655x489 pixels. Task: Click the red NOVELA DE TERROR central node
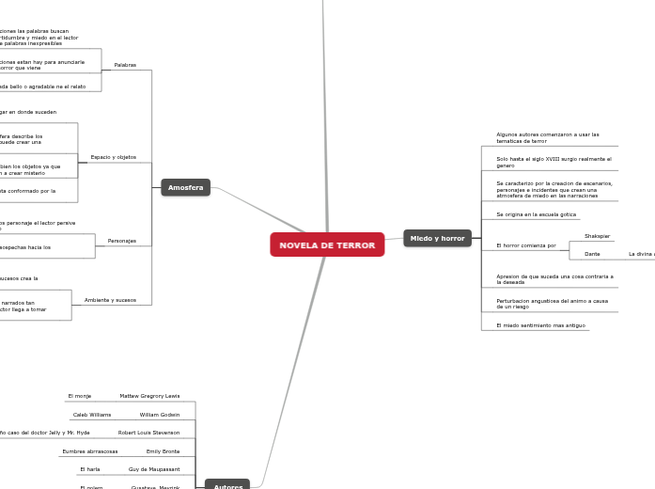pyautogui.click(x=327, y=244)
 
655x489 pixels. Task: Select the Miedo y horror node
pyautogui.click(x=437, y=238)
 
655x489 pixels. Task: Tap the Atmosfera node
pyautogui.click(x=185, y=187)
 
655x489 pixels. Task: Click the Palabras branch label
pyautogui.click(x=125, y=65)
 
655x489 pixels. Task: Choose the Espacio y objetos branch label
pyautogui.click(x=113, y=157)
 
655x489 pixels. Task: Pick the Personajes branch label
pyautogui.click(x=122, y=241)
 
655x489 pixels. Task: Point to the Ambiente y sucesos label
pyautogui.click(x=110, y=300)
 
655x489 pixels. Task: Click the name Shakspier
pyautogui.click(x=597, y=236)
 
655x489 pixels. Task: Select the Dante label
pyautogui.click(x=592, y=254)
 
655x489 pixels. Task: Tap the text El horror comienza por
pyautogui.click(x=526, y=245)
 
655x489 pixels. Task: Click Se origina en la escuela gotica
pyautogui.click(x=536, y=214)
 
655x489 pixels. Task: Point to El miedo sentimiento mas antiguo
pyautogui.click(x=540, y=325)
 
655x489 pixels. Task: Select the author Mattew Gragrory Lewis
pyautogui.click(x=149, y=396)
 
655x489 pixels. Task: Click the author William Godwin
pyautogui.click(x=160, y=415)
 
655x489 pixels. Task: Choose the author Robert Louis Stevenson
pyautogui.click(x=148, y=433)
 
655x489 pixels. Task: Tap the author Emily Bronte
pyautogui.click(x=163, y=451)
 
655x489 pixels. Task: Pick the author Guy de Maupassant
pyautogui.click(x=154, y=469)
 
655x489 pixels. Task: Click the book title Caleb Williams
pyautogui.click(x=92, y=415)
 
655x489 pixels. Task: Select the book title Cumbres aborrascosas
pyautogui.click(x=90, y=451)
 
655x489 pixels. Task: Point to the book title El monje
pyautogui.click(x=80, y=396)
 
